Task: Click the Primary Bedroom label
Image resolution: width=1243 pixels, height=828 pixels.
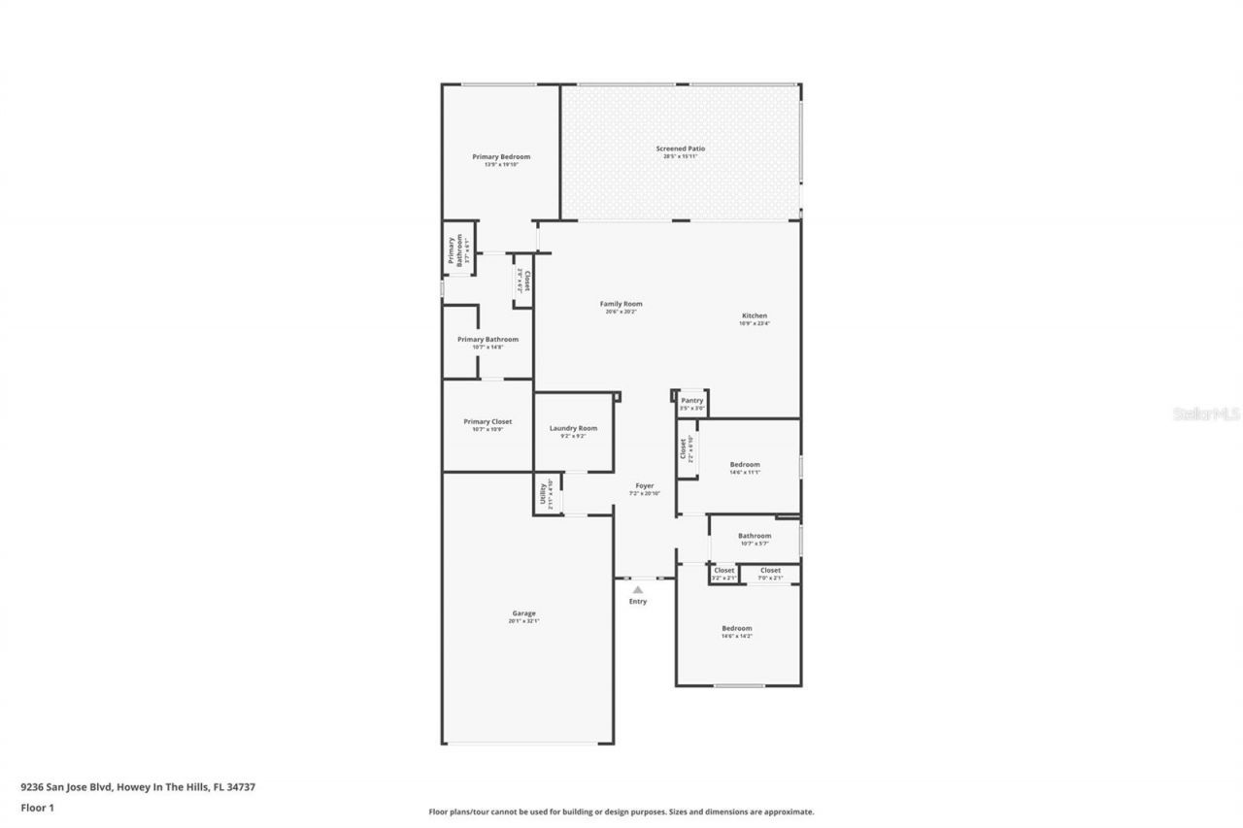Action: pyautogui.click(x=501, y=157)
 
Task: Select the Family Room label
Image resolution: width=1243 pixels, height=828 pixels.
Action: pyautogui.click(x=621, y=305)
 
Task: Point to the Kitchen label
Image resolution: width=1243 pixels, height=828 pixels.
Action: pyautogui.click(x=755, y=316)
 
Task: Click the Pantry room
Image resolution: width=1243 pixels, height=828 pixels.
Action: pyautogui.click(x=692, y=403)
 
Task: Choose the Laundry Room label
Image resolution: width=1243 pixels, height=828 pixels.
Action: pyautogui.click(x=573, y=429)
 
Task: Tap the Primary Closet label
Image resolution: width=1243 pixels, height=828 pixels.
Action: pyautogui.click(x=487, y=422)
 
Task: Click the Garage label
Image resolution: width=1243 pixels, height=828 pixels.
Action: pyautogui.click(x=523, y=613)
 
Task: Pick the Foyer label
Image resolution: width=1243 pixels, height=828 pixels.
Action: pyautogui.click(x=645, y=486)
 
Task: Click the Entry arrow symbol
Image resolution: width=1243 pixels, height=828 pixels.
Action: pyautogui.click(x=638, y=589)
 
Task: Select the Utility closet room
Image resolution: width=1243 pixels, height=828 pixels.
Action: pyautogui.click(x=547, y=495)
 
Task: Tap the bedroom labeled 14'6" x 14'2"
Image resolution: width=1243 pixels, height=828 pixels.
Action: pyautogui.click(x=736, y=629)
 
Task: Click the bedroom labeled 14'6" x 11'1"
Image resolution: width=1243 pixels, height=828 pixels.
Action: pyautogui.click(x=745, y=466)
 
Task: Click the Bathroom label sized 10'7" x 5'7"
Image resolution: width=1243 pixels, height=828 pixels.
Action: pyautogui.click(x=755, y=537)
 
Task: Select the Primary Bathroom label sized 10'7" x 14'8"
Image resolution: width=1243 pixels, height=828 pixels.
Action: pyautogui.click(x=487, y=341)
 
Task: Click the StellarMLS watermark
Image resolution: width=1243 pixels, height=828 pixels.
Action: pyautogui.click(x=1206, y=414)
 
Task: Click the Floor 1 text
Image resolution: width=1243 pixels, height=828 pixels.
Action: pyautogui.click(x=37, y=807)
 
